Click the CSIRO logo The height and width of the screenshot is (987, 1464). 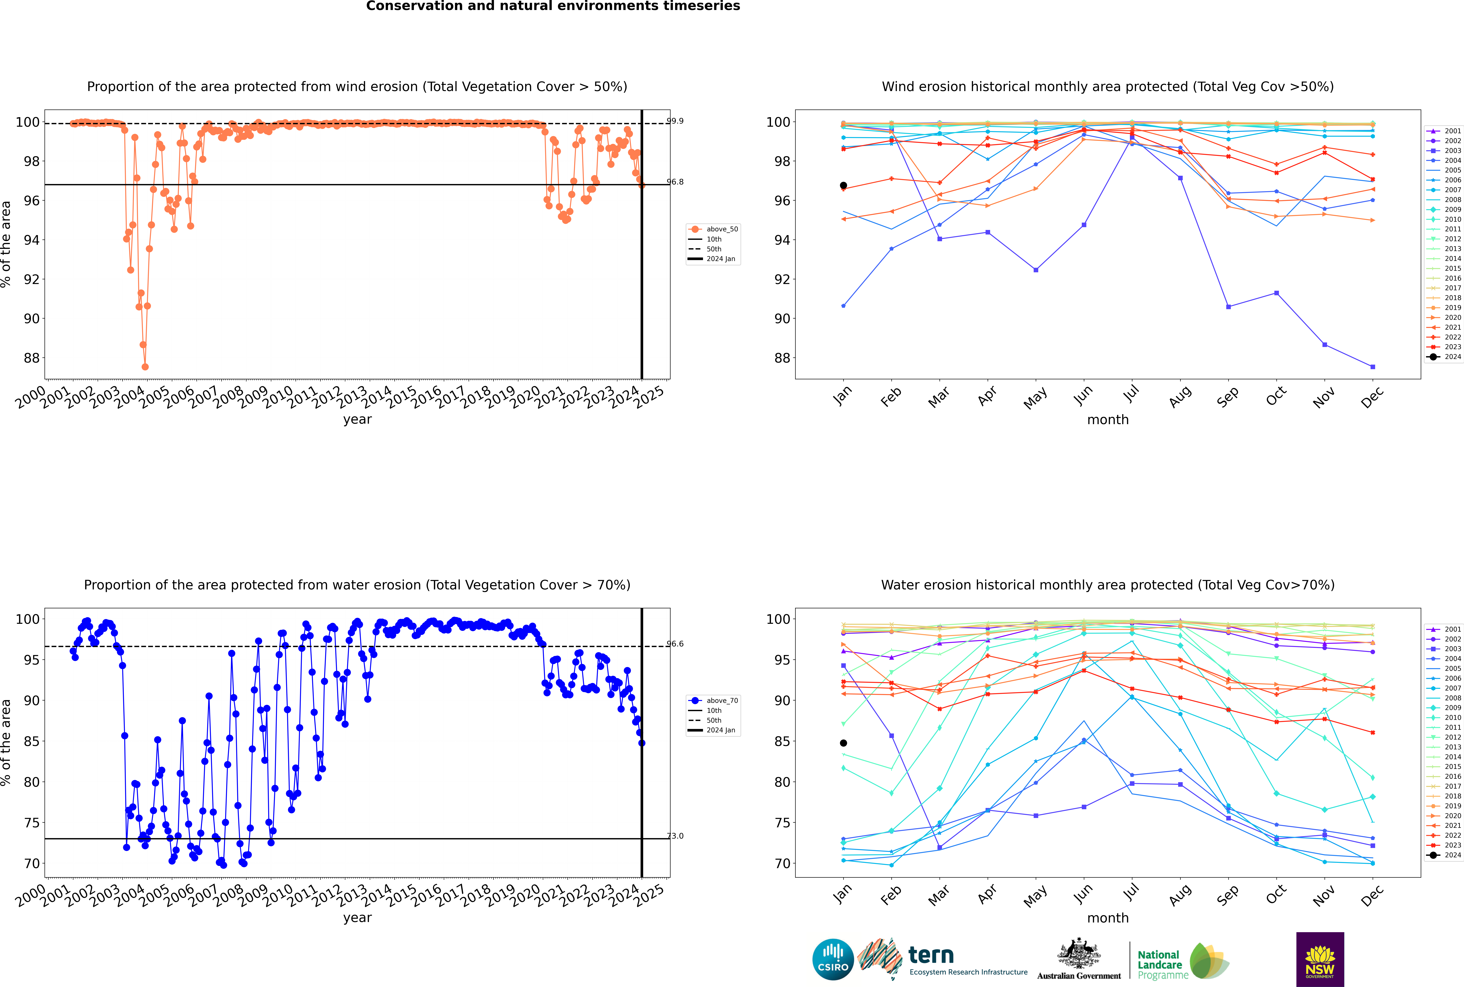(833, 959)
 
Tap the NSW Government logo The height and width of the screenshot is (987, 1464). (1320, 959)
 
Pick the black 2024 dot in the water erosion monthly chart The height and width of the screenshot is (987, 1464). (843, 743)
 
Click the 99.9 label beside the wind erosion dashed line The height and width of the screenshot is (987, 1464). (675, 121)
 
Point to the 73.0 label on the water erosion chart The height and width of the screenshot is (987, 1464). (675, 836)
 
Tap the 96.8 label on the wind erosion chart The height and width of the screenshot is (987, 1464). (675, 182)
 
